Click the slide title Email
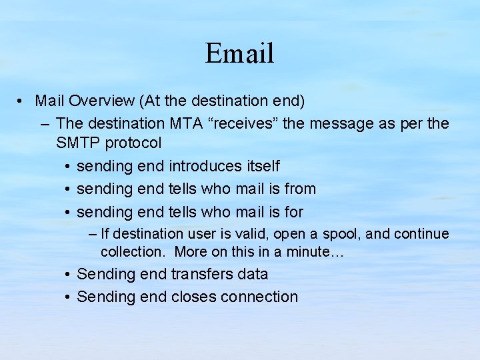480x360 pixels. tap(239, 53)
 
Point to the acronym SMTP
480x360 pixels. tap(76, 143)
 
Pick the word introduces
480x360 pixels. tap(203, 166)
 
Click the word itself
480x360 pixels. tap(261, 166)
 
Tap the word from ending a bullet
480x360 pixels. tap(300, 189)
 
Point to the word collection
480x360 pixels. tap(131, 252)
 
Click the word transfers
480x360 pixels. tap(203, 274)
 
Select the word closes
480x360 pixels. tap(193, 297)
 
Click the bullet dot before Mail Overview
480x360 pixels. tap(22, 102)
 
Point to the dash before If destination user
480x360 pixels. tap(93, 235)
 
